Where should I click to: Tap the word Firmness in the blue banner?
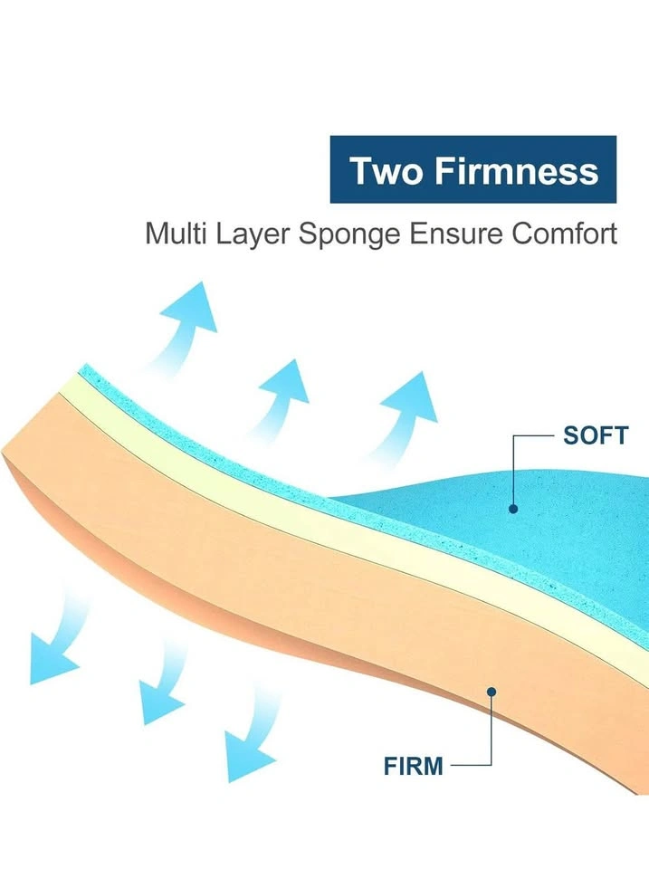pyautogui.click(x=517, y=170)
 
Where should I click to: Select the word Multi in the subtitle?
pyautogui.click(x=176, y=234)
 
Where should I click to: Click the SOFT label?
pyautogui.click(x=596, y=435)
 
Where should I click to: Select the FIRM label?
pyautogui.click(x=414, y=767)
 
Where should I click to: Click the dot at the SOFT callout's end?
pyautogui.click(x=513, y=509)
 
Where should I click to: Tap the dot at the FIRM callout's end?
pyautogui.click(x=491, y=692)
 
